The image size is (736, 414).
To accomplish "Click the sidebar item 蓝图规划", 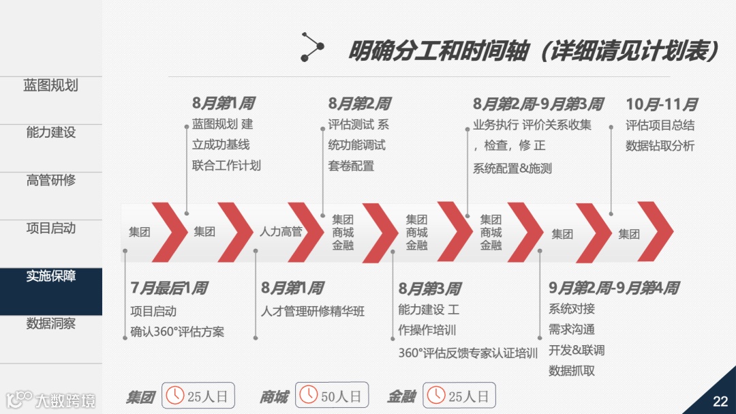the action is click(50, 85).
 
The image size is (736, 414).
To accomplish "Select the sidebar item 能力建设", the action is click(50, 132).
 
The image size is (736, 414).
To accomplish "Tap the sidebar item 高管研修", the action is click(50, 180).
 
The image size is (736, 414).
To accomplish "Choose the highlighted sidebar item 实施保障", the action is click(50, 276).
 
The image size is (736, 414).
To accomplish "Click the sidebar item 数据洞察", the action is click(50, 323).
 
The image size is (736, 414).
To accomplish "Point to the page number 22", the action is click(720, 401).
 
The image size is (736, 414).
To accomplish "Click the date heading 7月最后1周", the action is click(168, 289).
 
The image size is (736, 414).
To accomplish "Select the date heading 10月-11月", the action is click(661, 104).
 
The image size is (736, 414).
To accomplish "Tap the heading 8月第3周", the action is click(429, 289).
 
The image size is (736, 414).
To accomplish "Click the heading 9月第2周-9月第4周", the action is click(613, 289).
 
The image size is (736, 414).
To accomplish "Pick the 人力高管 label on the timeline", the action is click(281, 232).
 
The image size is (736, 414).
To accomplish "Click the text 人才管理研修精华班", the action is click(313, 311).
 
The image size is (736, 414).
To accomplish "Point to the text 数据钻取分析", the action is click(660, 145).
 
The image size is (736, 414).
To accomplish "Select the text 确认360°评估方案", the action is click(177, 332).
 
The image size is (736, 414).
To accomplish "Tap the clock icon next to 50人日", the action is click(309, 395).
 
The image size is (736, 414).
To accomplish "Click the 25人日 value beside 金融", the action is click(468, 396).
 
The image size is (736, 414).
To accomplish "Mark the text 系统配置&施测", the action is click(512, 168).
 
